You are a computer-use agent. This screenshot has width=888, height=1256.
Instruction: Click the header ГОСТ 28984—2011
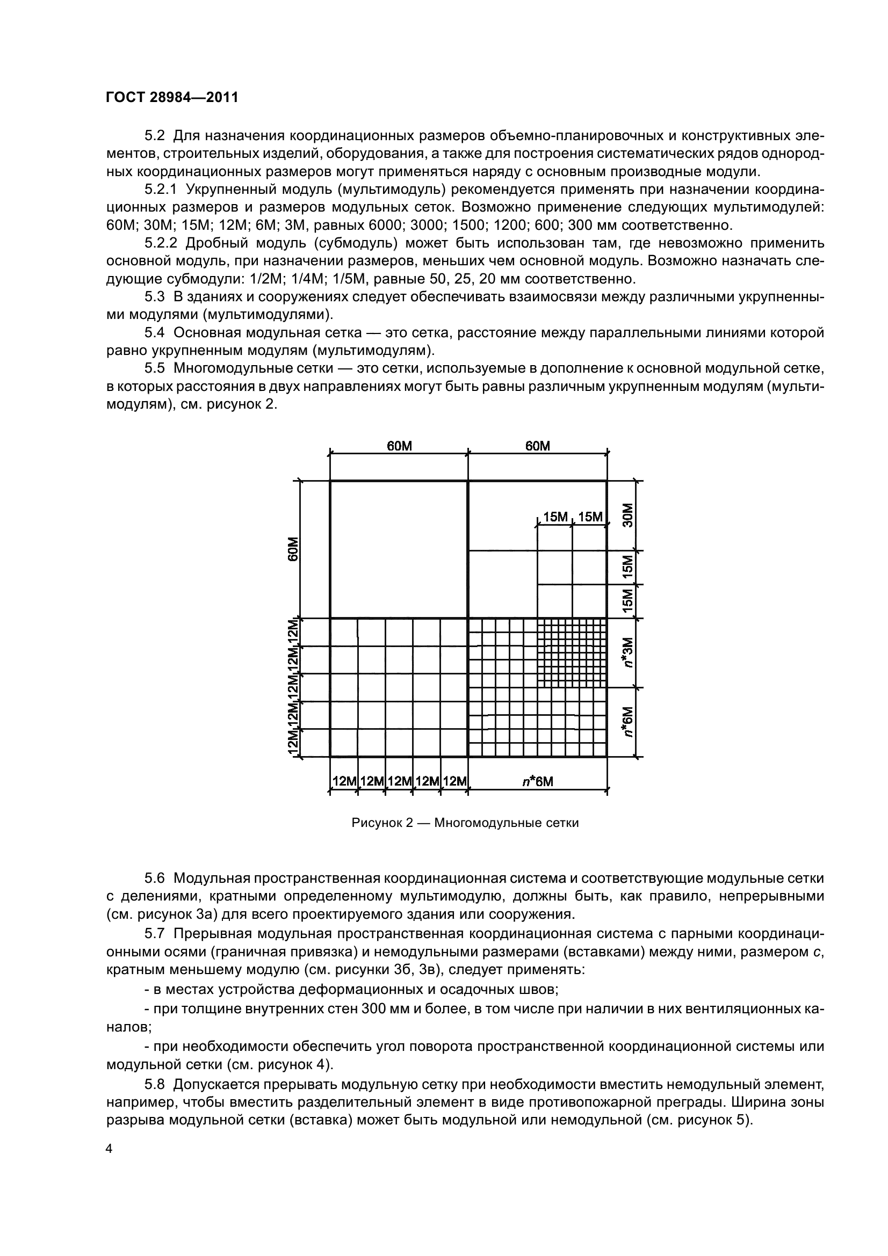click(172, 97)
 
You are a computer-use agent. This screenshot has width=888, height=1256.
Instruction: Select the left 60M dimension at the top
click(399, 446)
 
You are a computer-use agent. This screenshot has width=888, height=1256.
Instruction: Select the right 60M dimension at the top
click(537, 446)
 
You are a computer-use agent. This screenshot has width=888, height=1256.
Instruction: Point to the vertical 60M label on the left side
click(293, 549)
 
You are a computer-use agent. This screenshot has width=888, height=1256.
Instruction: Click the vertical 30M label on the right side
click(627, 515)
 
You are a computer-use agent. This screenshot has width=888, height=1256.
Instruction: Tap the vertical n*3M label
click(627, 652)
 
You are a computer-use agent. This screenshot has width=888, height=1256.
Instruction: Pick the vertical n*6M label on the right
click(627, 722)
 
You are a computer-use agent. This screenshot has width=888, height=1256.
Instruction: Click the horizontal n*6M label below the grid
click(537, 782)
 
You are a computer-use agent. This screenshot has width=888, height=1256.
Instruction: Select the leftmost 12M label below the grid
click(344, 781)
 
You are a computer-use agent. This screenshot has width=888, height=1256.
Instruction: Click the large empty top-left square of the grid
click(398, 549)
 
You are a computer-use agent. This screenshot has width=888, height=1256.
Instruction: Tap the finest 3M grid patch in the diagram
click(572, 652)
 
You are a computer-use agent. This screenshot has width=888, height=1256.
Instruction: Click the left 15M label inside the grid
click(555, 517)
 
